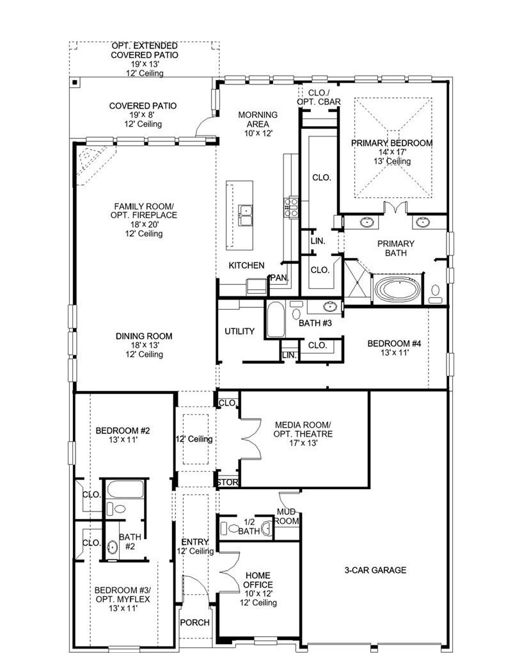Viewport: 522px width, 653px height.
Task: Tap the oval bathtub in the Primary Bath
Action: [398, 289]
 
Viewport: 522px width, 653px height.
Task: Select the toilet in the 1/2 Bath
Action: [228, 529]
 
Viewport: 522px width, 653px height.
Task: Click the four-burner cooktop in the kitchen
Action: [291, 204]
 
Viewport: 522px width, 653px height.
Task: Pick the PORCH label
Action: [194, 622]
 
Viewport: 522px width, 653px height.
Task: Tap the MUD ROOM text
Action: [287, 517]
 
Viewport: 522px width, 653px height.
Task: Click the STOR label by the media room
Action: [227, 482]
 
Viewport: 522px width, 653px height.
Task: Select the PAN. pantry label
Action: [278, 277]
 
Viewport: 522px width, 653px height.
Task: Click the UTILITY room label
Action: [240, 331]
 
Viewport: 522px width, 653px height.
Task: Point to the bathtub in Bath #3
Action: [275, 319]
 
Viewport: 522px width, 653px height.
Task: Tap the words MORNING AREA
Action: [258, 119]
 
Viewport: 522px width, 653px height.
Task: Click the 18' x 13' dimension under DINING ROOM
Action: [144, 345]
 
